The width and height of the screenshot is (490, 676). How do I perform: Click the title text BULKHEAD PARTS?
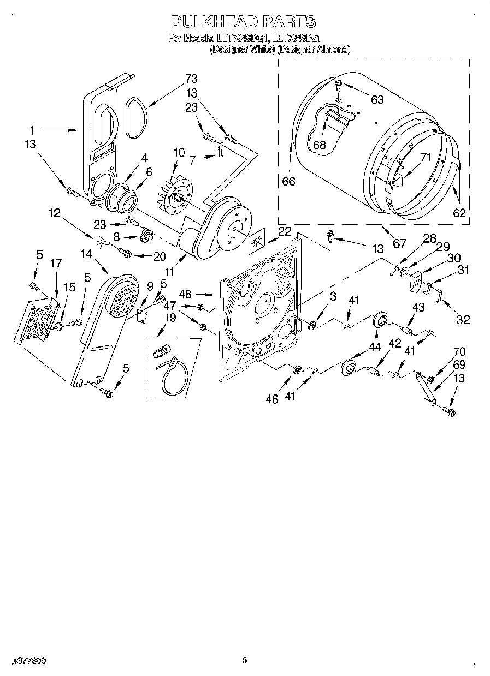(x=243, y=22)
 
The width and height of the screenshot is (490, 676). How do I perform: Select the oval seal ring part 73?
(x=133, y=117)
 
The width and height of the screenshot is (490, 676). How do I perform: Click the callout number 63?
(x=377, y=99)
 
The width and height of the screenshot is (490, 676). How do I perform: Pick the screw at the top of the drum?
(x=339, y=85)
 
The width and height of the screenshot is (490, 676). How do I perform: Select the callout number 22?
(x=285, y=231)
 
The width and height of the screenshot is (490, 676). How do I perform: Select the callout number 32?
(x=463, y=320)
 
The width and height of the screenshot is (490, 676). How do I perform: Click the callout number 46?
(x=272, y=399)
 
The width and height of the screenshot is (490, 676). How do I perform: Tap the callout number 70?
(x=459, y=352)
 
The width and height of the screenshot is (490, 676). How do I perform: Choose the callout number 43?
(x=418, y=308)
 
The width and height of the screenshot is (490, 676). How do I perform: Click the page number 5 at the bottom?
(x=245, y=661)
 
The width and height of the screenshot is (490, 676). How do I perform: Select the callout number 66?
(x=288, y=181)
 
